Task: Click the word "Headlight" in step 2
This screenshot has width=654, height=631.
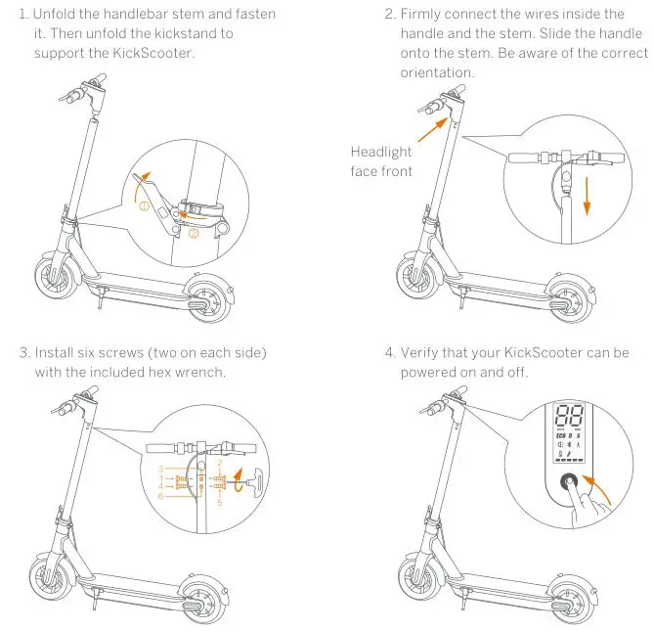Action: click(x=381, y=152)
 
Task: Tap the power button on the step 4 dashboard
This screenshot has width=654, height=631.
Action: click(x=567, y=482)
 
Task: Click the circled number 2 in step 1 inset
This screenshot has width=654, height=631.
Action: click(x=193, y=234)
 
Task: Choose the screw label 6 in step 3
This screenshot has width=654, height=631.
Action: click(x=160, y=497)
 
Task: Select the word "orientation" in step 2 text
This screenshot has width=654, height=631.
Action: click(x=437, y=73)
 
